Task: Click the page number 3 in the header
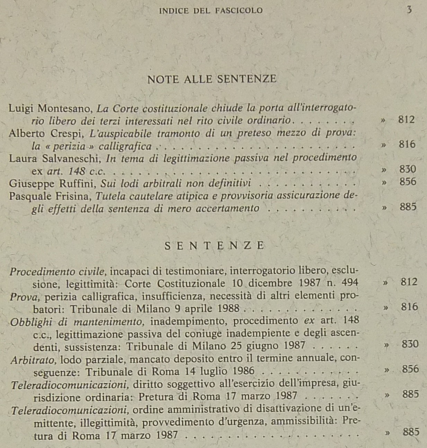(409, 10)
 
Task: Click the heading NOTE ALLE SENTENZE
(212, 79)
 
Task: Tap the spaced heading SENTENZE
(215, 246)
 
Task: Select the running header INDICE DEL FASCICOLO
(211, 10)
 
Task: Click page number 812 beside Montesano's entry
(406, 120)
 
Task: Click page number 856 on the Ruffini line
(408, 182)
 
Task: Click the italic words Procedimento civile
(57, 271)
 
